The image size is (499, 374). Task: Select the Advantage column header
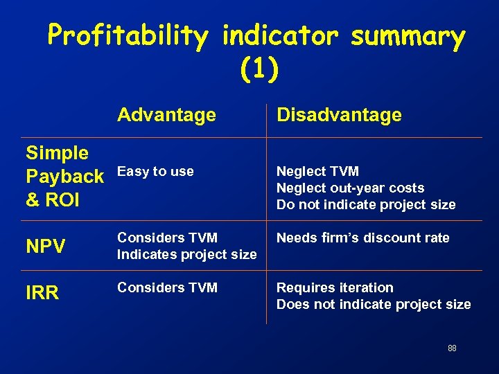166,114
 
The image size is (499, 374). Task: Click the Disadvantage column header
339,115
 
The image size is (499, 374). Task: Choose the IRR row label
42,293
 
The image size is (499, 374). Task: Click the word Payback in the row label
64,177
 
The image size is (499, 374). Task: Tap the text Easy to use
155,171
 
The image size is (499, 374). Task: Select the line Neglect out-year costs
350,188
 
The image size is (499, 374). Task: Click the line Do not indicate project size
366,204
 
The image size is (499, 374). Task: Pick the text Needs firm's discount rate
362,238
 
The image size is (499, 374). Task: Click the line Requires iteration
335,287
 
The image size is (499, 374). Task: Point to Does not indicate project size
374,304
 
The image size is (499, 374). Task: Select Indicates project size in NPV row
186,254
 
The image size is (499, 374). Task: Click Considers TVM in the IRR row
167,287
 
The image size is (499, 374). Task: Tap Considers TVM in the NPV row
167,238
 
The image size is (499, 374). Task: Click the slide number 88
452,348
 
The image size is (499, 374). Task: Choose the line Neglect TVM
317,171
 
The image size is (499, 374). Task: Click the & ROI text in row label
53,200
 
